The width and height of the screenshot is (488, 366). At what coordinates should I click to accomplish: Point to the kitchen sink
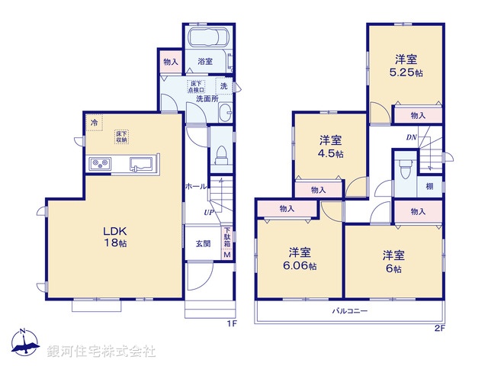pyautogui.click(x=143, y=163)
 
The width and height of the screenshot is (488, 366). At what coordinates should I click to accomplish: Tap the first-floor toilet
pyautogui.click(x=219, y=155)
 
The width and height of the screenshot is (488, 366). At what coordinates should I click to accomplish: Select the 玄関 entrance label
pyautogui.click(x=203, y=243)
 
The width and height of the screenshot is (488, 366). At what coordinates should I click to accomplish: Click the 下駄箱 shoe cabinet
pyautogui.click(x=226, y=243)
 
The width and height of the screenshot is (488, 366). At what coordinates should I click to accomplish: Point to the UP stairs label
pyautogui.click(x=207, y=212)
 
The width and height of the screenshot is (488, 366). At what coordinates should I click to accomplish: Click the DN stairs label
pyautogui.click(x=410, y=138)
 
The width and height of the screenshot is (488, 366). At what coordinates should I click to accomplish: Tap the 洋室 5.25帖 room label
pyautogui.click(x=404, y=66)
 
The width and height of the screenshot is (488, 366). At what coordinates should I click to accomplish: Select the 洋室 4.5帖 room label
pyautogui.click(x=329, y=146)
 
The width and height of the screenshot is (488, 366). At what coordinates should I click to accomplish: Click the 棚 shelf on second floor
pyautogui.click(x=430, y=187)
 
